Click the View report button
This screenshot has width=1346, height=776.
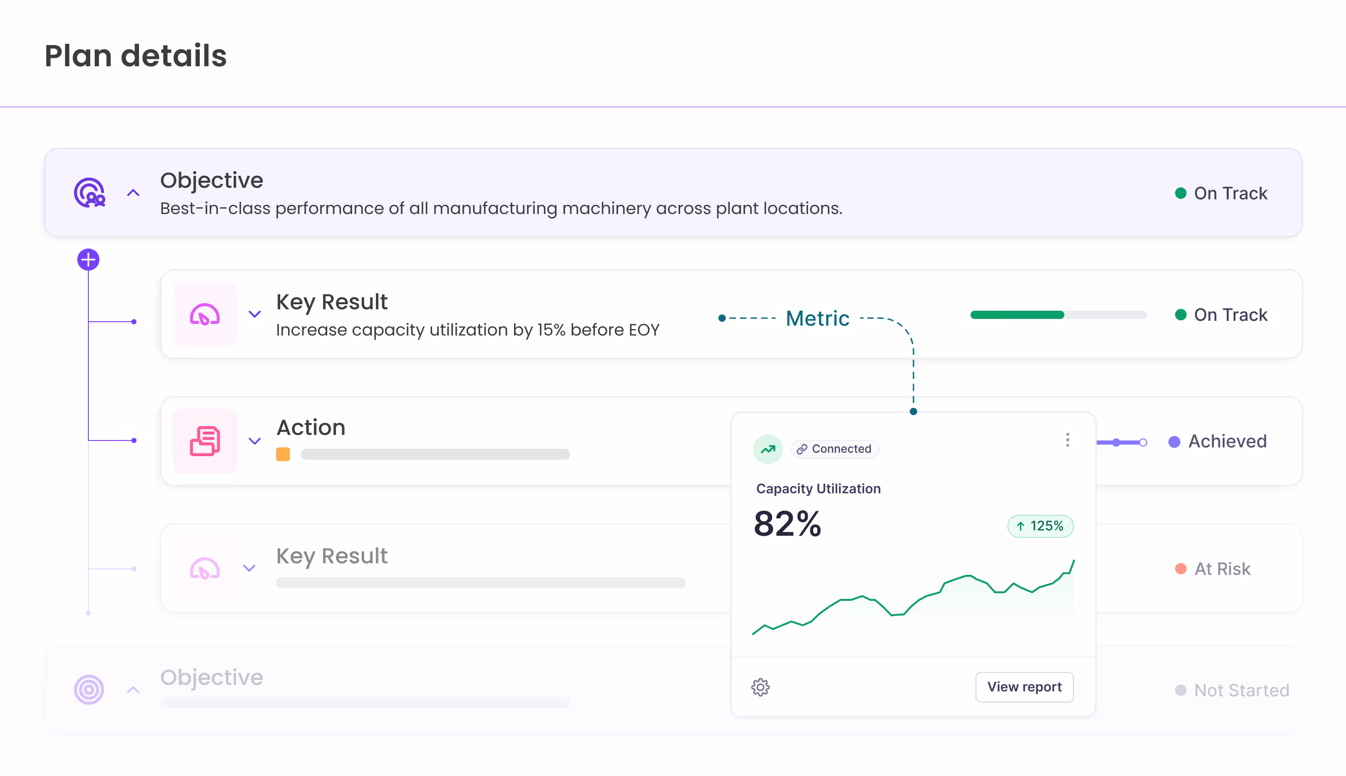point(1024,687)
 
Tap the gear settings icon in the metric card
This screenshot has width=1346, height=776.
point(760,688)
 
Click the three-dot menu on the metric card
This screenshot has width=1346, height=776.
point(1067,440)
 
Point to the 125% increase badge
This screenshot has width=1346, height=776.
point(1040,526)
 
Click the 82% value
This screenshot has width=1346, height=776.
point(787,523)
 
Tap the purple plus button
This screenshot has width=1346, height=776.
point(88,260)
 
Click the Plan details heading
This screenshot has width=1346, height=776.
point(135,56)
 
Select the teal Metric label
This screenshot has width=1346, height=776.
point(817,319)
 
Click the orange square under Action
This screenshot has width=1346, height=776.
point(283,454)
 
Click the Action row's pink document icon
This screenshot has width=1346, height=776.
point(205,441)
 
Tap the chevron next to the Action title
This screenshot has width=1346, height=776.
point(255,441)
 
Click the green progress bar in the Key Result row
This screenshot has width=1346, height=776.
point(1017,315)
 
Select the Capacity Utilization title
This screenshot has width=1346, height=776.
point(818,489)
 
